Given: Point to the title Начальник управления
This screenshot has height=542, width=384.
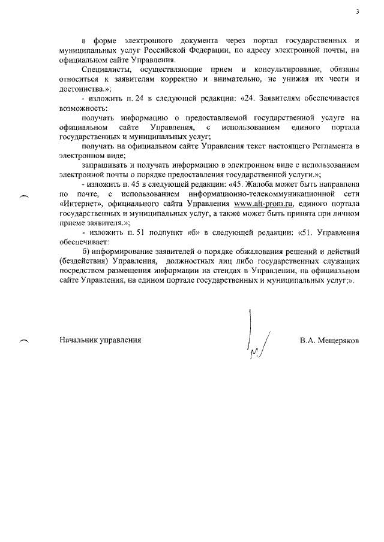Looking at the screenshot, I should click(100, 340).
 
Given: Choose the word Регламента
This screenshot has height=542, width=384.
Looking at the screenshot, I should click(323, 146).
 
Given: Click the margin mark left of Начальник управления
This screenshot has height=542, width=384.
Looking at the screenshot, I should click(24, 341).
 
